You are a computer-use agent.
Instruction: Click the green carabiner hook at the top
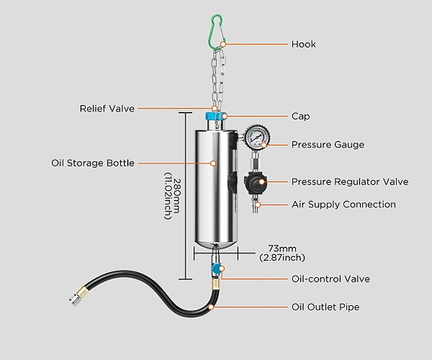pos(217,30)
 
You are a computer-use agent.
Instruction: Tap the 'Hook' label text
pos(304,44)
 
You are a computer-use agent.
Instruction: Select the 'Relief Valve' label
pos(107,108)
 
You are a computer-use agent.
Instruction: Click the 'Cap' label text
pos(301,116)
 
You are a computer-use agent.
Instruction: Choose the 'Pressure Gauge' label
pos(328,144)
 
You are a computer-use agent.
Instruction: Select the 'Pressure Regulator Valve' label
pos(349,182)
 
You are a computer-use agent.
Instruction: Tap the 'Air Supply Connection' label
pos(343,204)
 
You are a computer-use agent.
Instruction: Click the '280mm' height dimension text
pos(177,198)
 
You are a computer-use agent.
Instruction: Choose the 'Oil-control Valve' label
pos(331,279)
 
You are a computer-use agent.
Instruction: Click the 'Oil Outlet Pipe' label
pos(325,307)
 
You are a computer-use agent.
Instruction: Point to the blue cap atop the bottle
pos(213,118)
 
